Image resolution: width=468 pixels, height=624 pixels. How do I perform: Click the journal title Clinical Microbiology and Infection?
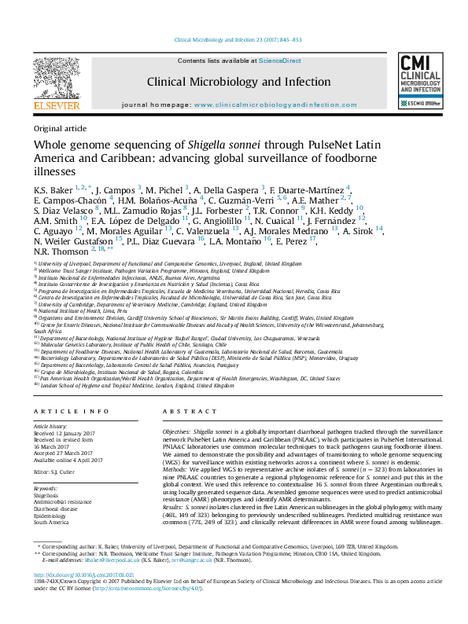(x=238, y=82)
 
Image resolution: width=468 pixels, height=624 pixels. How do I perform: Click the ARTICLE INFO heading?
(x=72, y=411)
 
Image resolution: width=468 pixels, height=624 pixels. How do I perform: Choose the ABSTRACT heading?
(x=183, y=411)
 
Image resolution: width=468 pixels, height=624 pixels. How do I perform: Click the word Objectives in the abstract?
(x=176, y=432)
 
